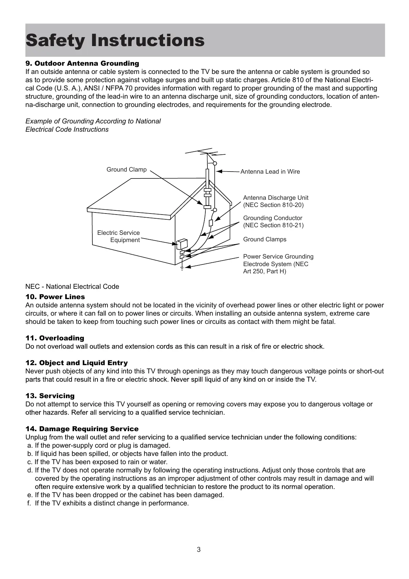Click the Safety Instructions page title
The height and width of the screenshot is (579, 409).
click(115, 41)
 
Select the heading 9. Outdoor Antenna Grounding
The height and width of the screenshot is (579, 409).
click(82, 64)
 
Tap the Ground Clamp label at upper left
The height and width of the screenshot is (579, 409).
click(126, 170)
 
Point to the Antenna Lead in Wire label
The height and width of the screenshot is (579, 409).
click(270, 172)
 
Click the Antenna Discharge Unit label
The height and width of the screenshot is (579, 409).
click(275, 201)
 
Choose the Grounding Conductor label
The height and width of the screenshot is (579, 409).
click(273, 221)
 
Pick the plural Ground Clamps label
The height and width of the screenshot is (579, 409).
click(264, 239)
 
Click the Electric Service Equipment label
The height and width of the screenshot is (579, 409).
click(119, 237)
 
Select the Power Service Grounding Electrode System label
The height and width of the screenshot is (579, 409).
click(278, 264)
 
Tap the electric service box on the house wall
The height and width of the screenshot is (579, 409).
click(181, 244)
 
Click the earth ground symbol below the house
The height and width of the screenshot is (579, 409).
click(182, 268)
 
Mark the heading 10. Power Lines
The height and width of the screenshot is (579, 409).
click(55, 297)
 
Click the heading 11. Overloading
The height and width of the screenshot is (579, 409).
click(55, 338)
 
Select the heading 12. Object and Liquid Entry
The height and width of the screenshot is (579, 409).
click(77, 363)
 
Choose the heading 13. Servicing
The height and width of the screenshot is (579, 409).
click(50, 396)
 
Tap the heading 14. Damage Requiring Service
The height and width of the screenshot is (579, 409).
click(82, 429)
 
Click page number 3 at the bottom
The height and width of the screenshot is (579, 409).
click(198, 549)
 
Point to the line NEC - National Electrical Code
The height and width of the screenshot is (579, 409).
click(72, 287)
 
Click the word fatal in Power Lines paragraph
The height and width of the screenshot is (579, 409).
click(328, 322)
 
